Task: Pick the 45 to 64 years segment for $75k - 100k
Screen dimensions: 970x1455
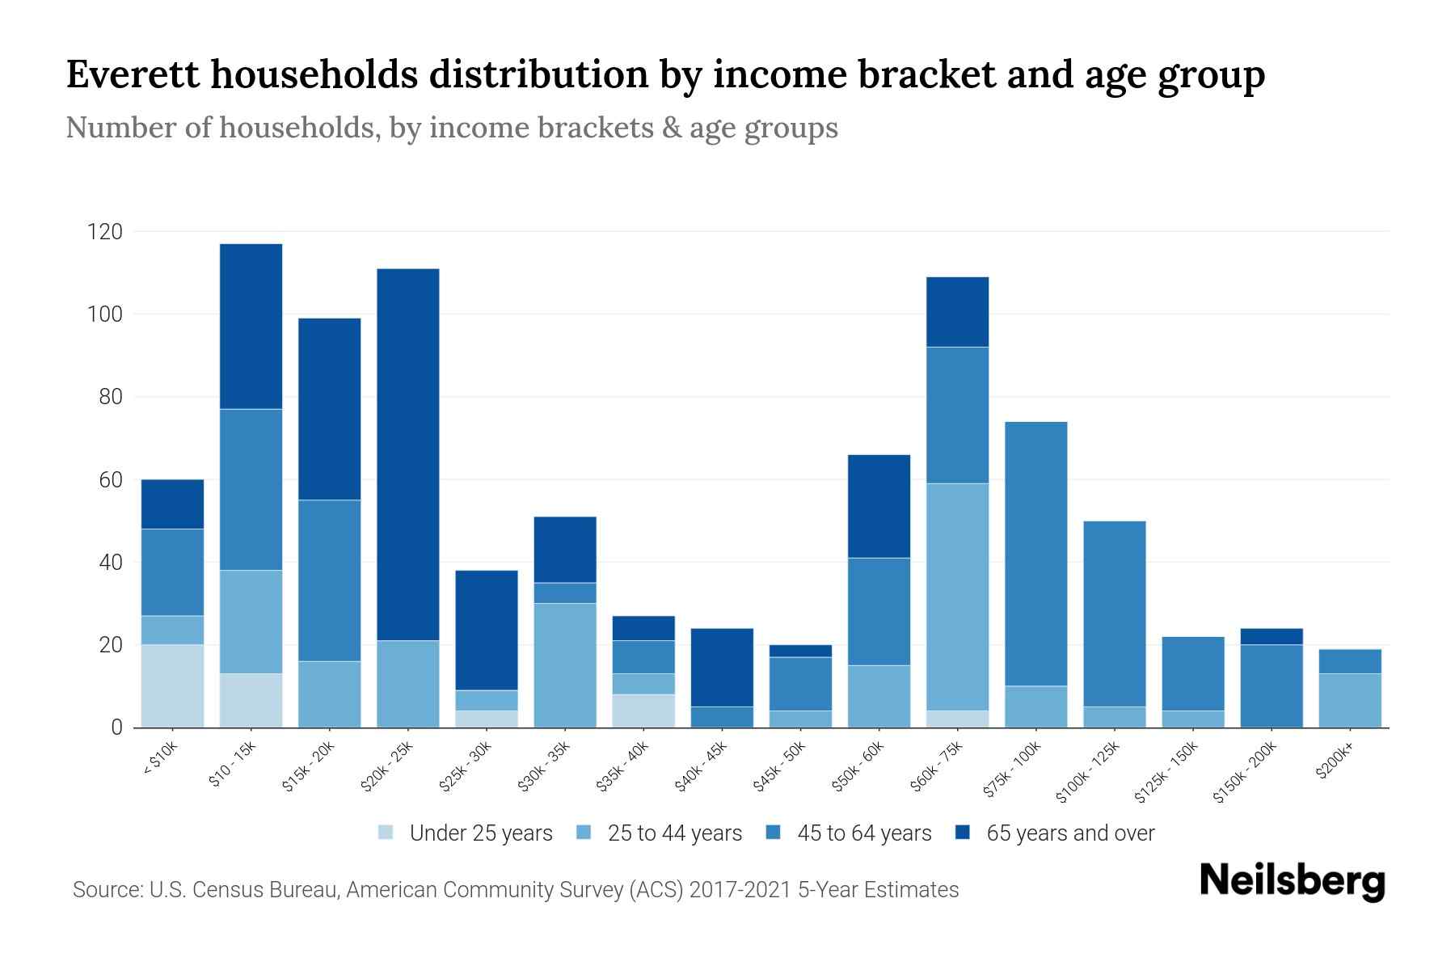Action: [x=1035, y=554]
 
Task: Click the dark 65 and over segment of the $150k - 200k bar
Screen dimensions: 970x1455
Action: [x=1272, y=636]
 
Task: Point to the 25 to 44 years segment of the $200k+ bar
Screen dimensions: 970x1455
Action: [x=1350, y=700]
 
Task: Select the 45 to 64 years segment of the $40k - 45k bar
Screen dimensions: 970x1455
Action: [x=722, y=717]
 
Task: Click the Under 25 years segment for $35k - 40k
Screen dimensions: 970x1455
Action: [x=643, y=711]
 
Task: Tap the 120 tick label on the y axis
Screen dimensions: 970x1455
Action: [x=105, y=232]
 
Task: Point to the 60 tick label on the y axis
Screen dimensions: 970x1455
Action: [x=111, y=480]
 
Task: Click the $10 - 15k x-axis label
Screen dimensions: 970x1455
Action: [x=233, y=764]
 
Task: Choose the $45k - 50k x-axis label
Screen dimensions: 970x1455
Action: [x=780, y=767]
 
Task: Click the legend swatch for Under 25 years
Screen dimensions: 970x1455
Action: [x=386, y=833]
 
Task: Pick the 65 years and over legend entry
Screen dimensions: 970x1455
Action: [x=1069, y=833]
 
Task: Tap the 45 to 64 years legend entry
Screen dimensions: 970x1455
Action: [x=863, y=833]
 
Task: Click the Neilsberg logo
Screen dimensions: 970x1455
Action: [x=1292, y=881]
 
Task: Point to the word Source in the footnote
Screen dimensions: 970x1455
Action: [x=106, y=890]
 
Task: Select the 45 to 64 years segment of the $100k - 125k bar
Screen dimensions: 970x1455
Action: [x=1114, y=614]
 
